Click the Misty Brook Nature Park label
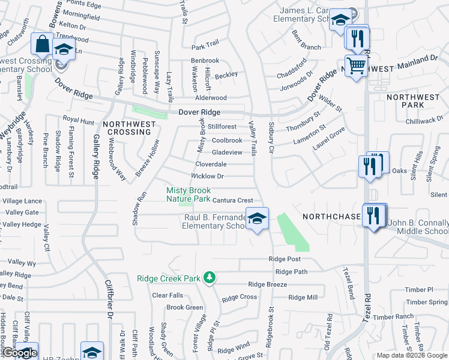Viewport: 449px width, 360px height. point(188,194)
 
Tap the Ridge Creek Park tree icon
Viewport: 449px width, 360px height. point(209,277)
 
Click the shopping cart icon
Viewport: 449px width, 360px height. point(356,65)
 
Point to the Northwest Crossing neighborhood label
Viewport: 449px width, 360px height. point(129,128)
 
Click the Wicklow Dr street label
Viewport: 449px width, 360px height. point(207,176)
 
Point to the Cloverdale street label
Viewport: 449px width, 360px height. point(211,164)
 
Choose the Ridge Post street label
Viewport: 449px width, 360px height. point(285,259)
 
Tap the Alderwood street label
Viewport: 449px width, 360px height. point(211,98)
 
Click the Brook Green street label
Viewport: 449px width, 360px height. point(185,307)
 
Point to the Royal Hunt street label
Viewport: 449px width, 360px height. point(79,121)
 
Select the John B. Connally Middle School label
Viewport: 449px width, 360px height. point(418,227)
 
